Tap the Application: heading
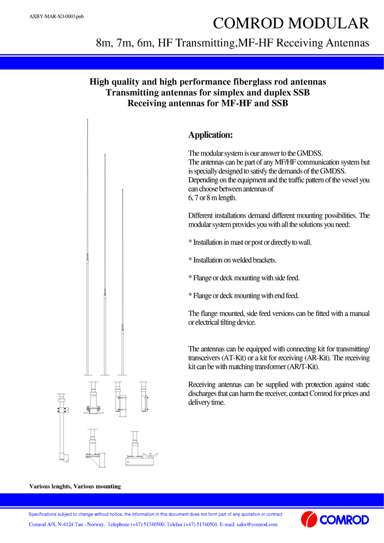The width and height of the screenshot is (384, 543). [x=211, y=135]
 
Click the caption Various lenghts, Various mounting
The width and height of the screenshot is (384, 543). [x=75, y=486]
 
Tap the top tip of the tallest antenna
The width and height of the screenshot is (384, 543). [x=87, y=119]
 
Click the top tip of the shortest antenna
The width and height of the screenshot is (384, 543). [x=122, y=190]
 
